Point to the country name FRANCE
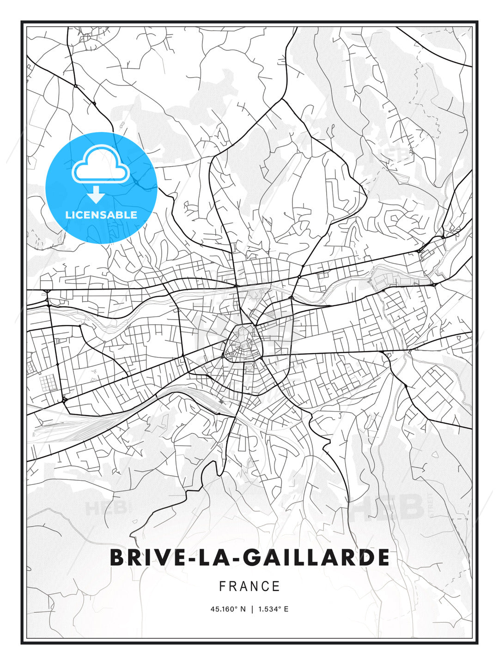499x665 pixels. pyautogui.click(x=249, y=586)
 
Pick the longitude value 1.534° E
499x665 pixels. pyautogui.click(x=274, y=609)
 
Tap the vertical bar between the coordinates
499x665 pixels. pyautogui.click(x=252, y=609)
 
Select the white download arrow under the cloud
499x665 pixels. pyautogui.click(x=96, y=195)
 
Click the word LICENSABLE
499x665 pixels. pyautogui.click(x=101, y=215)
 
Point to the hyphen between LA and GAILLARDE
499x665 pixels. pyautogui.click(x=229, y=558)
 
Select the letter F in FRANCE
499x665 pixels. pyautogui.click(x=222, y=586)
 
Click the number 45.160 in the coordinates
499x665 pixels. pyautogui.click(x=223, y=609)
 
